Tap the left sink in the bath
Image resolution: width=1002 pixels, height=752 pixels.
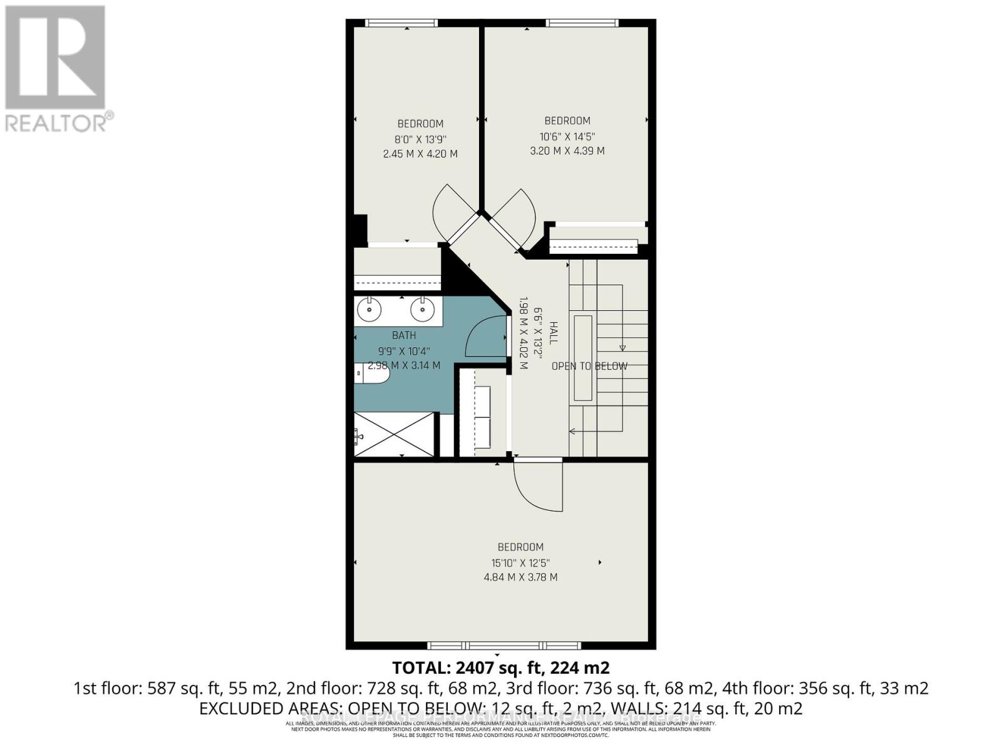click(x=370, y=309)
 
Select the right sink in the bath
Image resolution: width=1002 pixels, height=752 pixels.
click(x=423, y=309)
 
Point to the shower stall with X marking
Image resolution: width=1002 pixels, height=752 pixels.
click(x=394, y=434)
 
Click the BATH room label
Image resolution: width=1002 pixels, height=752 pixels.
click(x=404, y=336)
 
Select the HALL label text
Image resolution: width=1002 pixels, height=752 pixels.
click(x=554, y=333)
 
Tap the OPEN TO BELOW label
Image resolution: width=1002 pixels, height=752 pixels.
click(x=589, y=366)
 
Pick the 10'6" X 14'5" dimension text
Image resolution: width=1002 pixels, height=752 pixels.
click(x=567, y=136)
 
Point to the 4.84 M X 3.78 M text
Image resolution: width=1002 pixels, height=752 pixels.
click(x=520, y=577)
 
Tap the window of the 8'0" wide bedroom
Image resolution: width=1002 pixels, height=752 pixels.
click(x=401, y=23)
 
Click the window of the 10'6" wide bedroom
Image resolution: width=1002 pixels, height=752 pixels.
click(x=582, y=23)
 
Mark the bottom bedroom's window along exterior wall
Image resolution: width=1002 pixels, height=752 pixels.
click(x=504, y=645)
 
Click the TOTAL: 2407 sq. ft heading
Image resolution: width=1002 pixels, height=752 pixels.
click(x=500, y=667)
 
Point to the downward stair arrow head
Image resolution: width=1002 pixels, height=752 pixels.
click(x=622, y=348)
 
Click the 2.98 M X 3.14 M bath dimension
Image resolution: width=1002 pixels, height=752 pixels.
click(x=404, y=365)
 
